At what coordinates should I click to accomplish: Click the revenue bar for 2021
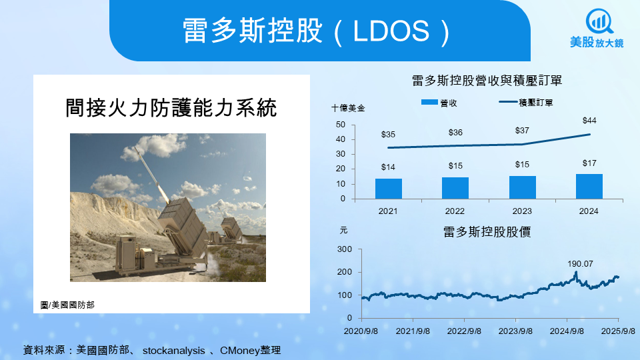(x=388, y=189)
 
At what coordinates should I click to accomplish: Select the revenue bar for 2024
(x=589, y=187)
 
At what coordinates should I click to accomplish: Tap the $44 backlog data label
(x=589, y=121)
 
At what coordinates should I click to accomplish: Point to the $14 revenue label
(x=388, y=167)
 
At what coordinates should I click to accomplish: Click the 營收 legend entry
(x=439, y=103)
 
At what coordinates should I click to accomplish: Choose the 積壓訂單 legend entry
(x=526, y=103)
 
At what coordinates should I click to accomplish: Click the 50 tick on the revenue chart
(x=341, y=125)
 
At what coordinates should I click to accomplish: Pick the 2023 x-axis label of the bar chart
(x=522, y=211)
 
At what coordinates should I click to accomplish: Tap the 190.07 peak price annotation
(x=580, y=264)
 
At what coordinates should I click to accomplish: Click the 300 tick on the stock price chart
(x=345, y=249)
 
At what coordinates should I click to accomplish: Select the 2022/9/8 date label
(x=464, y=331)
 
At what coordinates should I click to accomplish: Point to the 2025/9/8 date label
(x=618, y=331)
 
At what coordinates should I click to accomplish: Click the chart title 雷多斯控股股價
(x=487, y=232)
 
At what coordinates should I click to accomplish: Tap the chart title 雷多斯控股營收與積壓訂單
(x=487, y=81)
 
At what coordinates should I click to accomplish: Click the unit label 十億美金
(x=348, y=108)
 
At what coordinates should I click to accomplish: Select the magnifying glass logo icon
(x=599, y=21)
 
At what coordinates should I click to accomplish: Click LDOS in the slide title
(x=391, y=31)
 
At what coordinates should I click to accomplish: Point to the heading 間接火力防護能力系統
(x=171, y=108)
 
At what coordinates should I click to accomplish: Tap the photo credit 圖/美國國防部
(x=68, y=305)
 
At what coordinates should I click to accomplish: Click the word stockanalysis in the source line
(x=174, y=351)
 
